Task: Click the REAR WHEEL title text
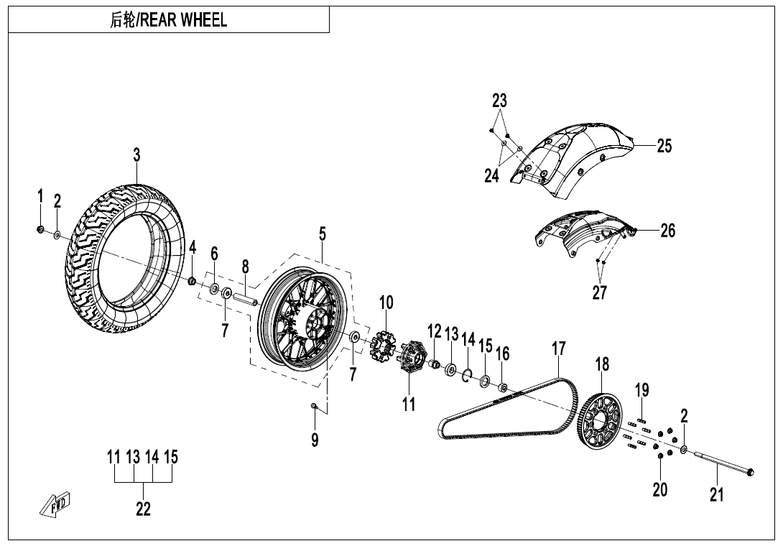pyautogui.click(x=169, y=21)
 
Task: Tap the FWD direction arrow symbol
pyautogui.click(x=55, y=504)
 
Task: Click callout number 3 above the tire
pyautogui.click(x=136, y=155)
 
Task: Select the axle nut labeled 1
pyautogui.click(x=41, y=229)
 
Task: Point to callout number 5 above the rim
pyautogui.click(x=323, y=233)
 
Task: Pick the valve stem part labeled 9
pyautogui.click(x=314, y=407)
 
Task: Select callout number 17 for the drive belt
pyautogui.click(x=559, y=349)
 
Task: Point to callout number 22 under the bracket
pyautogui.click(x=144, y=509)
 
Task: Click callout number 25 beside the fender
pyautogui.click(x=664, y=146)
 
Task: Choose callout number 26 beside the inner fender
pyautogui.click(x=668, y=231)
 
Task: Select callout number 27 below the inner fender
pyautogui.click(x=600, y=292)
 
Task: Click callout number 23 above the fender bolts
pyautogui.click(x=500, y=101)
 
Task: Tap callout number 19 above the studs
pyautogui.click(x=642, y=390)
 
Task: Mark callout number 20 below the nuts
pyautogui.click(x=660, y=490)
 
